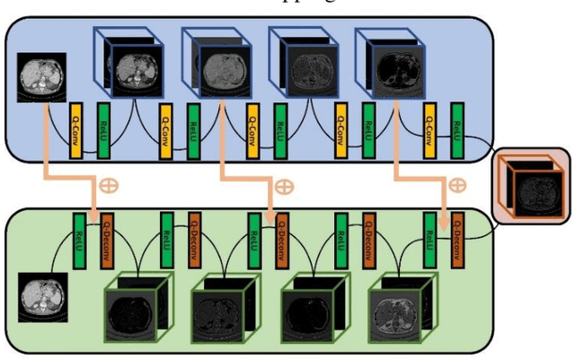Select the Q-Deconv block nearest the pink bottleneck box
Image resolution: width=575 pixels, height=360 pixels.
tap(458, 238)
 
